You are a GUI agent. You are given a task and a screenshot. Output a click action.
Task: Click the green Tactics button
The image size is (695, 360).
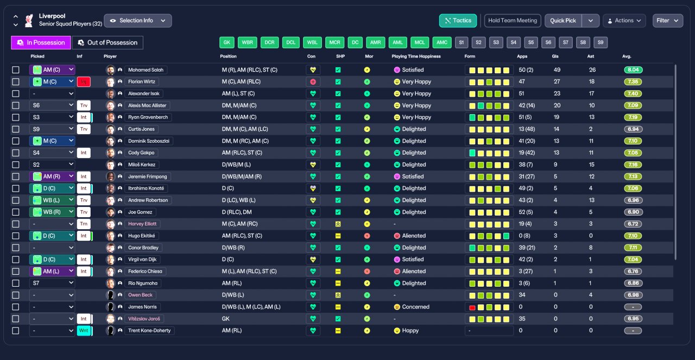pyautogui.click(x=458, y=21)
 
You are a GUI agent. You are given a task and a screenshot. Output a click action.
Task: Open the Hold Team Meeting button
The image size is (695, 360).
pyautogui.click(x=513, y=21)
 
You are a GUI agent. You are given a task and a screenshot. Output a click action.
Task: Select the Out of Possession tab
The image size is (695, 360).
pyautogui.click(x=108, y=42)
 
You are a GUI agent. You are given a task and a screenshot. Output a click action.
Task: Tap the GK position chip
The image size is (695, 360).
pyautogui.click(x=227, y=42)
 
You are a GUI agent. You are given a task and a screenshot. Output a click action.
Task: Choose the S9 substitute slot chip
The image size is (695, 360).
pyautogui.click(x=601, y=42)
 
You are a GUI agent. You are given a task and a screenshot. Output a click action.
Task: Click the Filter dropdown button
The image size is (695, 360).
pyautogui.click(x=668, y=21)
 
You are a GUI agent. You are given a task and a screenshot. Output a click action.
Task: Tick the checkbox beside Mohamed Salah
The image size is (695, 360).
pyautogui.click(x=16, y=70)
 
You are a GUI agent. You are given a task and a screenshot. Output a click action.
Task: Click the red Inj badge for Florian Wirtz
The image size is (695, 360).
pyautogui.click(x=84, y=81)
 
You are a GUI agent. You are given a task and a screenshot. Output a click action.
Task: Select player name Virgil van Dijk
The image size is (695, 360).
pyautogui.click(x=142, y=260)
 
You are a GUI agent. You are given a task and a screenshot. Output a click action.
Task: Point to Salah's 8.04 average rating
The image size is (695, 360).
pyautogui.click(x=633, y=70)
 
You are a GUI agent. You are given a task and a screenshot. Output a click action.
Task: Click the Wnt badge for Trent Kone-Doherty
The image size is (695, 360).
pyautogui.click(x=84, y=331)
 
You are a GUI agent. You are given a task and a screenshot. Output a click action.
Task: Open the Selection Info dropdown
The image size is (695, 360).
pyautogui.click(x=138, y=21)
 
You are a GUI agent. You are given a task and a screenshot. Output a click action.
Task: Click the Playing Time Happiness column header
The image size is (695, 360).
pyautogui.click(x=416, y=56)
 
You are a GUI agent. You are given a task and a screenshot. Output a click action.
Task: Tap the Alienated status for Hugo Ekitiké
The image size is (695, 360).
pyautogui.click(x=410, y=236)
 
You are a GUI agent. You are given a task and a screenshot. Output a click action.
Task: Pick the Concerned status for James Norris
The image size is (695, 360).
pyautogui.click(x=412, y=307)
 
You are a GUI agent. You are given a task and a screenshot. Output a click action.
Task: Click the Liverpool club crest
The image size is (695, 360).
pyautogui.click(x=29, y=21)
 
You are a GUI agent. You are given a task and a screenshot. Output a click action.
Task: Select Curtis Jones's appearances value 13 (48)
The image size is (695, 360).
pyautogui.click(x=527, y=129)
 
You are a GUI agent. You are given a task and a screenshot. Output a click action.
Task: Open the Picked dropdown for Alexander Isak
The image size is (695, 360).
pyautogui.click(x=52, y=93)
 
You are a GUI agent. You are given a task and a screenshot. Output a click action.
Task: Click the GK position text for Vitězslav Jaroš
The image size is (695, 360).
pyautogui.click(x=225, y=319)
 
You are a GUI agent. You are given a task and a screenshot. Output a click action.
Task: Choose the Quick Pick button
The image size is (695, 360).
pyautogui.click(x=563, y=21)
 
